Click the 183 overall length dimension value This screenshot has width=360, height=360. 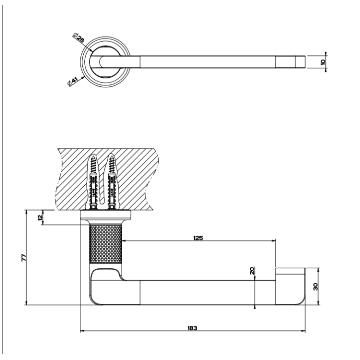(193, 328)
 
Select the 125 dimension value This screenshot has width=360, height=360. (198, 238)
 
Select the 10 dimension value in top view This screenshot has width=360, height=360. (323, 62)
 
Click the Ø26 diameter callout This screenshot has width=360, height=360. (79, 38)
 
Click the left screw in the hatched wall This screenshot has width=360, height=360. (93, 182)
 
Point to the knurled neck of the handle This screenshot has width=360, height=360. (105, 244)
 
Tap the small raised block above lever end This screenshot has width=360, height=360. (290, 271)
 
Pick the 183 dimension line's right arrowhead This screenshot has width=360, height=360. (303, 330)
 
